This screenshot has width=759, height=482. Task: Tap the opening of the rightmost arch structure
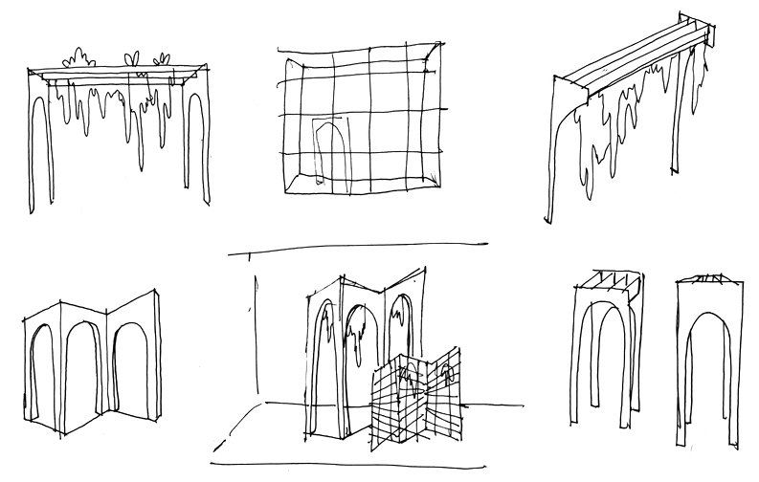pyautogui.click(x=706, y=383)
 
